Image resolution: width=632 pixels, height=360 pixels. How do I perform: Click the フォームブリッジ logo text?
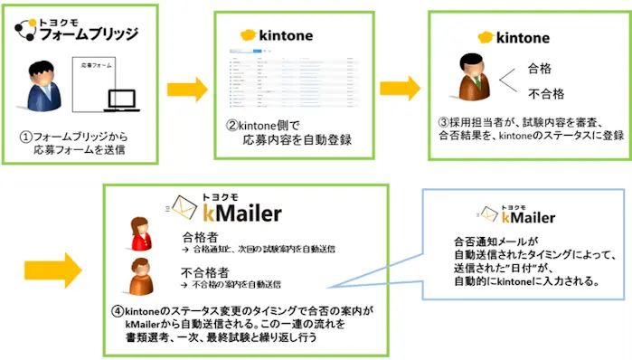pos(86,34)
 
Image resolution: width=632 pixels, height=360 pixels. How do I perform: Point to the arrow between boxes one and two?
pos(187,90)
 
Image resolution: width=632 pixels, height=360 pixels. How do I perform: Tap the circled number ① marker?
pos(26,137)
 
